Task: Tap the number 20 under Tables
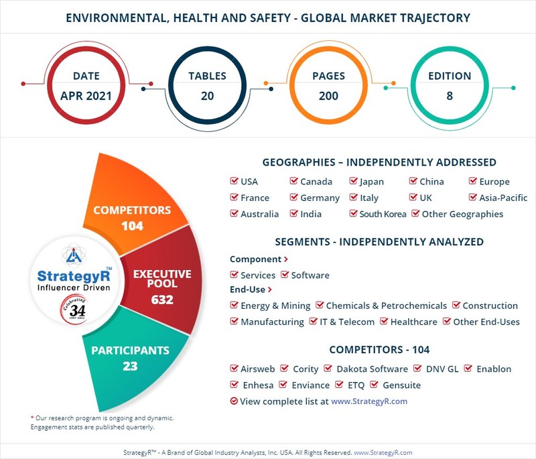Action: tap(207, 96)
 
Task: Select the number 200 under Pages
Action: tap(328, 96)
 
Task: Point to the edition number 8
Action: tap(450, 96)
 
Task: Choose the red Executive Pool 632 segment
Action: tap(162, 287)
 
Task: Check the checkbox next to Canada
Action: tap(294, 182)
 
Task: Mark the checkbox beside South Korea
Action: tap(354, 214)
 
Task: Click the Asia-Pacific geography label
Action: tap(503, 198)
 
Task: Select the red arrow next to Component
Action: tap(286, 259)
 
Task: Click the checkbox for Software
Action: tap(285, 275)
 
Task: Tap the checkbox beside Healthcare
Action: tap(384, 322)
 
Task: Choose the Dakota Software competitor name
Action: tap(372, 369)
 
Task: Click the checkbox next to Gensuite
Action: tap(376, 385)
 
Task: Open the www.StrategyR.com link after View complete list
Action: tap(369, 401)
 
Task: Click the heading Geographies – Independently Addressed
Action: tap(379, 162)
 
